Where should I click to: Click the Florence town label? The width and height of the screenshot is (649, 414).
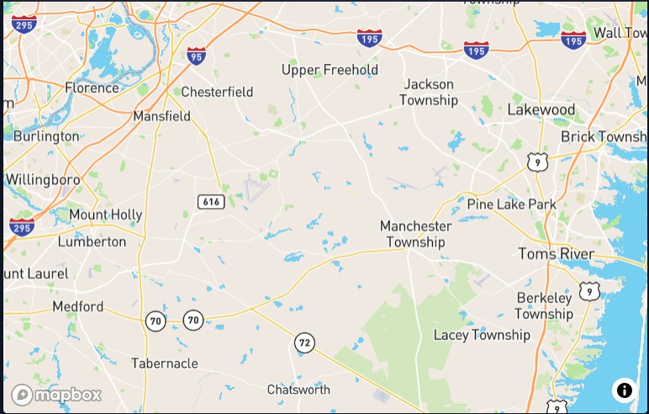[92, 88]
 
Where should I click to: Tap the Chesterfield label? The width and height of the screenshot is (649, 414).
[217, 92]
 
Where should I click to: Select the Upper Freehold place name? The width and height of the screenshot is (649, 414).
[330, 70]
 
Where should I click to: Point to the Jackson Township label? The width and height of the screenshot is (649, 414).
[429, 92]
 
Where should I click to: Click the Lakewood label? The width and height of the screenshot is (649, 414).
[541, 110]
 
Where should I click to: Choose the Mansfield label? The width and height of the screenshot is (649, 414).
[161, 116]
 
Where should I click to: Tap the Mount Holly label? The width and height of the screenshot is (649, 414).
[105, 215]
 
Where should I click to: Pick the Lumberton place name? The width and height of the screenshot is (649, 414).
[92, 241]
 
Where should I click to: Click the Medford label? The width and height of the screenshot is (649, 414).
[78, 306]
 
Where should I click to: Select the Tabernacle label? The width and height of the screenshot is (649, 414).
[165, 364]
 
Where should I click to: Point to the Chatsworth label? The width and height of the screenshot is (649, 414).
[298, 390]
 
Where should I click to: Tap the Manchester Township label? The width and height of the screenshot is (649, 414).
[415, 234]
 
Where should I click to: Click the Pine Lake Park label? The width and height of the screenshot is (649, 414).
[512, 204]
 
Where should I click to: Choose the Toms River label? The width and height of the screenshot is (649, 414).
[556, 254]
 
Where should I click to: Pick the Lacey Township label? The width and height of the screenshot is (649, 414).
[482, 335]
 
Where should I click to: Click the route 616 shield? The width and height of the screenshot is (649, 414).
[211, 202]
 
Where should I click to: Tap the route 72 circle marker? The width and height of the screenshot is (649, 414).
[304, 342]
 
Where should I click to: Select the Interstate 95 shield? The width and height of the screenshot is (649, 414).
[197, 56]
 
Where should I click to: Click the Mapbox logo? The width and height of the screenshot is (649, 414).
[56, 394]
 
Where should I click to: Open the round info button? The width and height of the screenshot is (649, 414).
[624, 390]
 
